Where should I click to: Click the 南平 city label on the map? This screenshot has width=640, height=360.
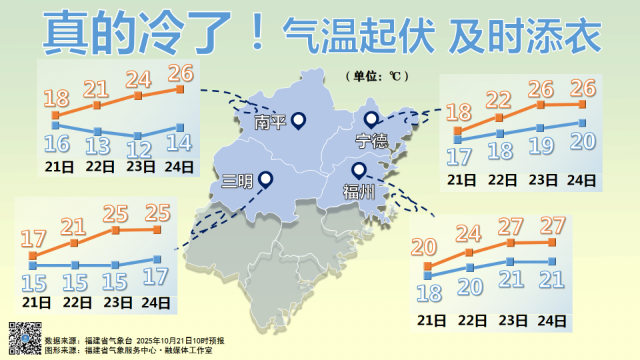pyautogui.click(x=270, y=123)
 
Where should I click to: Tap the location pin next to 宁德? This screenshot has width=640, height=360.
pyautogui.click(x=371, y=120)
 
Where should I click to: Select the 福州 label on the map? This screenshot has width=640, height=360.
pyautogui.click(x=357, y=193)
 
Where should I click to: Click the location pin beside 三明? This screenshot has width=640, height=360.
pyautogui.click(x=266, y=179)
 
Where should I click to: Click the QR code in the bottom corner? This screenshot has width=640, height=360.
pyautogui.click(x=24, y=338)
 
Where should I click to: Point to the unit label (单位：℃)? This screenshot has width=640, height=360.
pyautogui.click(x=377, y=76)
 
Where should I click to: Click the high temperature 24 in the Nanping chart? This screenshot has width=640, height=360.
pyautogui.click(x=139, y=80)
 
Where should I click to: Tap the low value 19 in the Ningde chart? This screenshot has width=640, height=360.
pyautogui.click(x=541, y=147)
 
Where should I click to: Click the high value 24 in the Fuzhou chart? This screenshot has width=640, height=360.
pyautogui.click(x=469, y=233)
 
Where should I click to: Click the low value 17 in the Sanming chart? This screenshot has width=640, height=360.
pyautogui.click(x=155, y=276)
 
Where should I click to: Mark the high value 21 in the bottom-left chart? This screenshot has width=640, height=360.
pyautogui.click(x=73, y=227)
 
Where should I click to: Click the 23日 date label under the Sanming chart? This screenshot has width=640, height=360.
pyautogui.click(x=117, y=303)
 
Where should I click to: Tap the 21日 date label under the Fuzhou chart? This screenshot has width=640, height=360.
pyautogui.click(x=431, y=321)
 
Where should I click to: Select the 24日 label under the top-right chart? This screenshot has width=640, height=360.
pyautogui.click(x=581, y=180)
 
